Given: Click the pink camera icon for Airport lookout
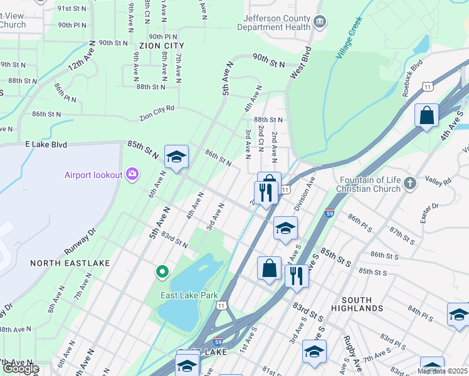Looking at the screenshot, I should point(132,174).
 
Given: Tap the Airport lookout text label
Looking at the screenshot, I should point(93,174).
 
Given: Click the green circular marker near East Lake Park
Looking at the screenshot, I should point(162,271).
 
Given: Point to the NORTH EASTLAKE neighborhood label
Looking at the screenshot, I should point(70,263).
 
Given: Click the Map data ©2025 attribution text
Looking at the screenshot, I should point(442,371).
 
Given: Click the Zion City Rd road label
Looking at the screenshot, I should point(157,113).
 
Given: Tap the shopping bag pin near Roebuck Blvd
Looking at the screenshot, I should point(426,116).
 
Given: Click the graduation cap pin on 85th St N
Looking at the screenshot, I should point(176,157).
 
